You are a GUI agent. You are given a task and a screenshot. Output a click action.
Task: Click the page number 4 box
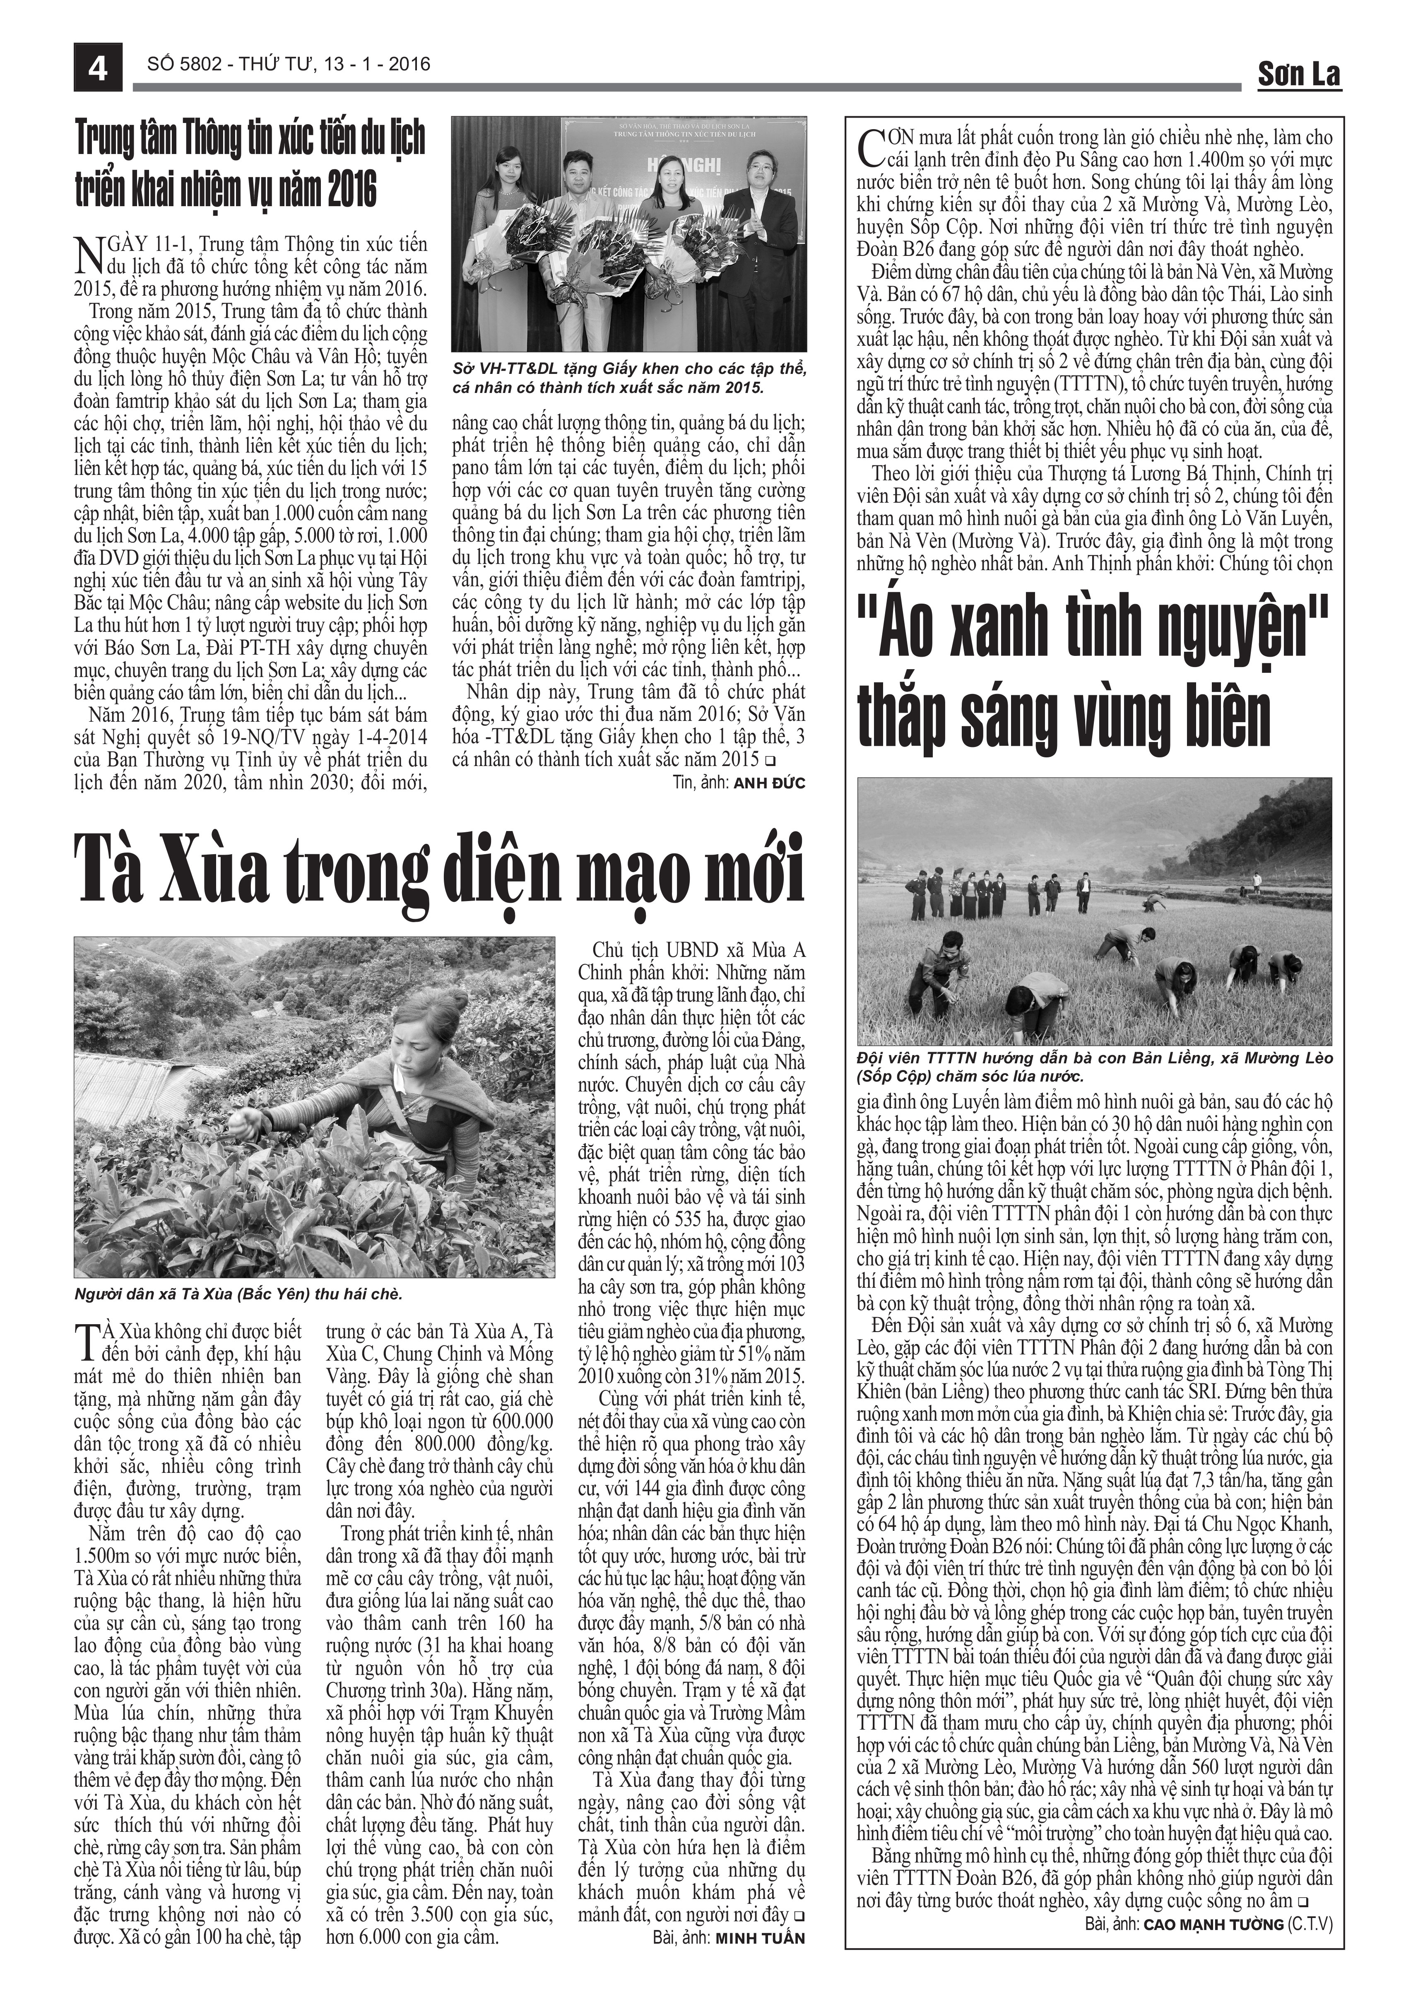[97, 67]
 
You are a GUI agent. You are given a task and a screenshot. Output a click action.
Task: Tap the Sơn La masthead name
[1298, 75]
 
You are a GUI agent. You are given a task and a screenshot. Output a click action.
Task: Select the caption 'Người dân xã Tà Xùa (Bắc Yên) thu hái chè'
[238, 1294]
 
